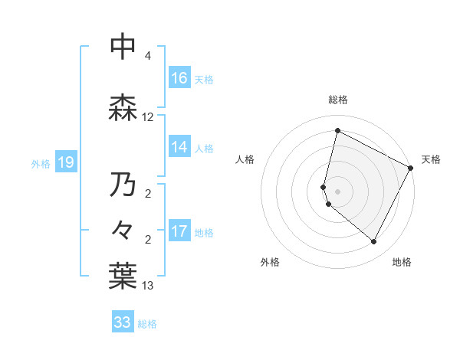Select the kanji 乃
pyautogui.click(x=123, y=185)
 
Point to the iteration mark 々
pyautogui.click(x=123, y=228)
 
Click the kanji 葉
pyautogui.click(x=123, y=277)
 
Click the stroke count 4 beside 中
pyautogui.click(x=148, y=56)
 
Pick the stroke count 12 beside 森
pyautogui.click(x=148, y=117)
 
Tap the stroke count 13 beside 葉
pyautogui.click(x=148, y=286)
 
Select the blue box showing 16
pyautogui.click(x=179, y=78)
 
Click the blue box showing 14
pyautogui.click(x=179, y=147)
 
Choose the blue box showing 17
pyautogui.click(x=179, y=231)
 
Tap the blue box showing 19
pyautogui.click(x=65, y=162)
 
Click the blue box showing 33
pyautogui.click(x=123, y=322)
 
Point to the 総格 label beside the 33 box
pyautogui.click(x=148, y=324)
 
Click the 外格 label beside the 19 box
pyautogui.click(x=41, y=163)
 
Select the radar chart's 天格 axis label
pyautogui.click(x=431, y=159)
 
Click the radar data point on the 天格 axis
pyautogui.click(x=411, y=168)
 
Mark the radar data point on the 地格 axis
pyautogui.click(x=374, y=242)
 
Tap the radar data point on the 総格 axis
pyautogui.click(x=337, y=130)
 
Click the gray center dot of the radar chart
pyautogui.click(x=337, y=191)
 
